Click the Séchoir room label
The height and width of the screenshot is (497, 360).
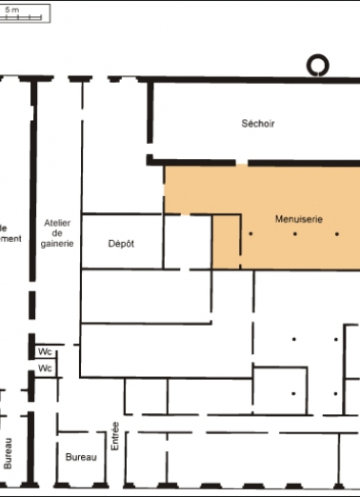(x=258, y=123)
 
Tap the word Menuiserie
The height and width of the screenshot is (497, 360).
(x=299, y=218)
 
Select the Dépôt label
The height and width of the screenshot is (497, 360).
(x=121, y=244)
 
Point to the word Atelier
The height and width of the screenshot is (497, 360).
(x=58, y=222)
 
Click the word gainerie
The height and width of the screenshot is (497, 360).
(x=58, y=244)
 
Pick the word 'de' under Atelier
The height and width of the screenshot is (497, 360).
(x=58, y=232)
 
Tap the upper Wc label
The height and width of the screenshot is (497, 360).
(x=45, y=351)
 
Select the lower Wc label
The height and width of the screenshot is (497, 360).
(x=45, y=368)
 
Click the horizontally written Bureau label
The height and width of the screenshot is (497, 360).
(x=81, y=458)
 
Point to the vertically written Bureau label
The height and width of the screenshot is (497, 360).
(x=9, y=452)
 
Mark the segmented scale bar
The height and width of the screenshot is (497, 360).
(x=21, y=17)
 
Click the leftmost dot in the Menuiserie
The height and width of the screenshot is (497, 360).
(x=250, y=233)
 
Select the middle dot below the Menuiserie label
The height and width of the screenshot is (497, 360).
(x=293, y=233)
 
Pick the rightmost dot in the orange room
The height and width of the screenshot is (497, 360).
(x=336, y=233)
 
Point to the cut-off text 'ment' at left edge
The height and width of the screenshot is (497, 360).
(x=10, y=238)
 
